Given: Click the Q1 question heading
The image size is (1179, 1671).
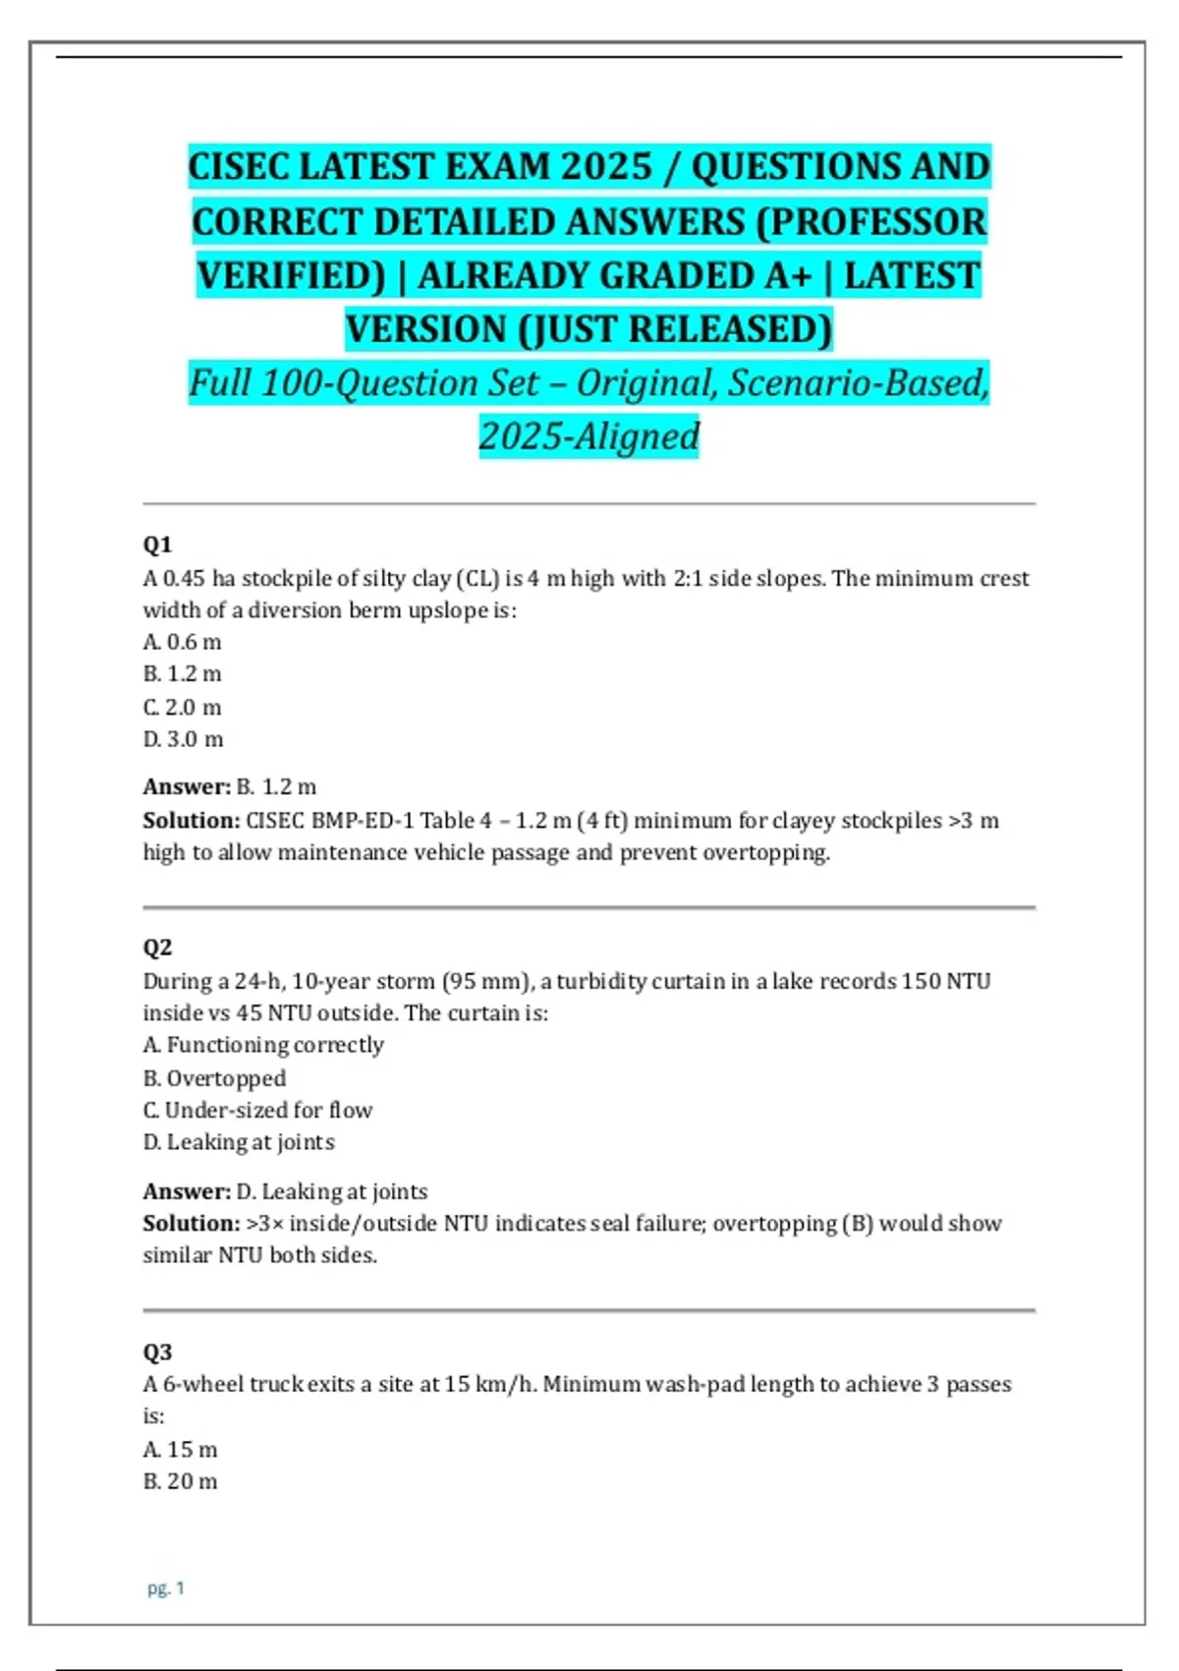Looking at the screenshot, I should (157, 545).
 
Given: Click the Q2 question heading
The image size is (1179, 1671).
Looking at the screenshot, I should (157, 948).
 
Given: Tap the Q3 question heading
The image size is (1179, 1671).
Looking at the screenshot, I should (157, 1352).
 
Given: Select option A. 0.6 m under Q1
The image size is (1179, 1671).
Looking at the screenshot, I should (183, 642).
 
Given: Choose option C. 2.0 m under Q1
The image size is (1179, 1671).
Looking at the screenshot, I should (183, 707).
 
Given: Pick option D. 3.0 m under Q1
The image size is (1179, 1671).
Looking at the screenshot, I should (184, 739).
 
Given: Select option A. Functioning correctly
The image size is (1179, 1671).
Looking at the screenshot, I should (263, 1045).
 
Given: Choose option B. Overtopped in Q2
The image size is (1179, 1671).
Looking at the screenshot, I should (214, 1078).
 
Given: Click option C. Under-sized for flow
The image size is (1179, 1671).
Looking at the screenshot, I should (257, 1111).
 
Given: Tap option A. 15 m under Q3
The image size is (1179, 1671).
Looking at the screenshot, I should (181, 1450).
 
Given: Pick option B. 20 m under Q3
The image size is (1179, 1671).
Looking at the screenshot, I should (181, 1481).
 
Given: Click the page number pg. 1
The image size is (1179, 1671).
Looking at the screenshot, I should (166, 1587).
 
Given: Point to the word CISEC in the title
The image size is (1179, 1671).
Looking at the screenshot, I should (238, 166).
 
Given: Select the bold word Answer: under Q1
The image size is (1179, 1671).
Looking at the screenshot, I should (187, 787).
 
